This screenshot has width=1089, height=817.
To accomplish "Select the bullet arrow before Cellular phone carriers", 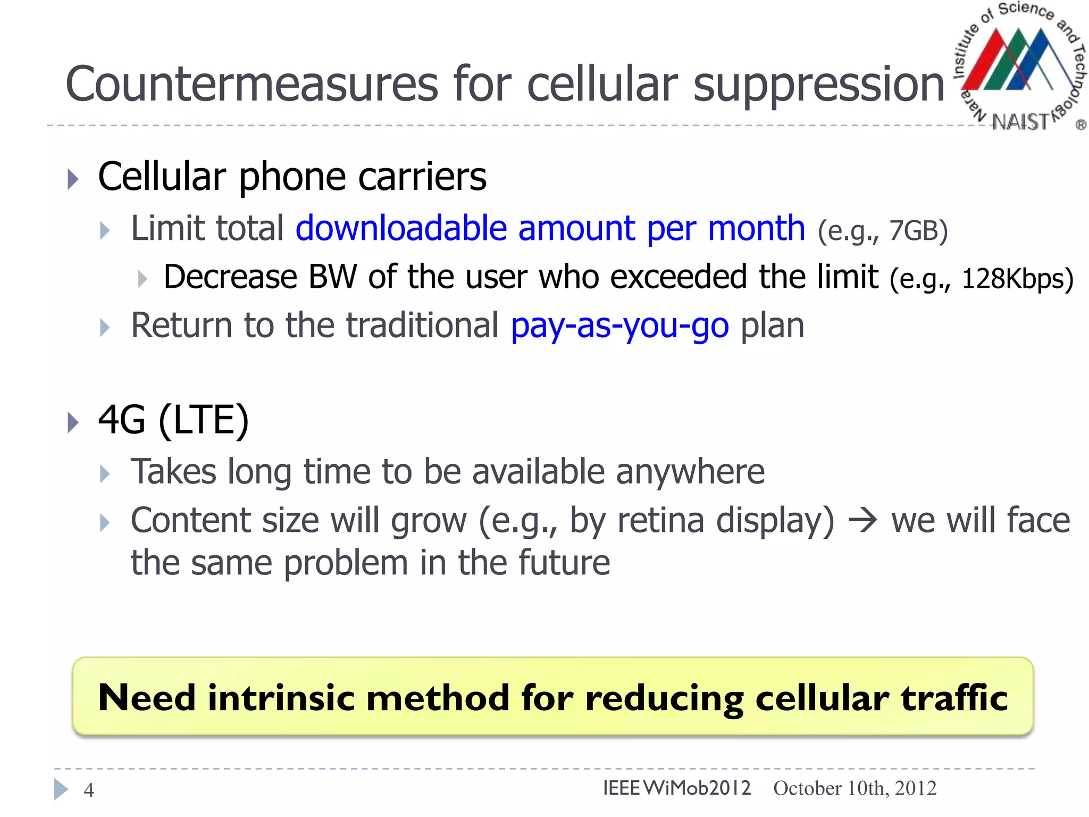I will tap(73, 179).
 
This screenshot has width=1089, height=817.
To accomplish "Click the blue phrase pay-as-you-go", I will tap(619, 326).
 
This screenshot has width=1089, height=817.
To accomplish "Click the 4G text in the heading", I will tap(122, 420).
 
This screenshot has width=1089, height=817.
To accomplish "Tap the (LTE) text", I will tap(204, 421).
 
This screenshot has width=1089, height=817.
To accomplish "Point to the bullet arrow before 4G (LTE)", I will tap(73, 422).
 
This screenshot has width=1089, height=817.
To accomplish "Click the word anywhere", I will tap(690, 472).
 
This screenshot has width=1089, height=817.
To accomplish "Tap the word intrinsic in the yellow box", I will tap(281, 697).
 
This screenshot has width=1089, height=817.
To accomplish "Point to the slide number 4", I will tap(89, 790).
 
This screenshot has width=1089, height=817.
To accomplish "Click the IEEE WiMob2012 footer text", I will tap(676, 788).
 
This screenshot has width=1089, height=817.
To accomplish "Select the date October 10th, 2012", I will tap(855, 788).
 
